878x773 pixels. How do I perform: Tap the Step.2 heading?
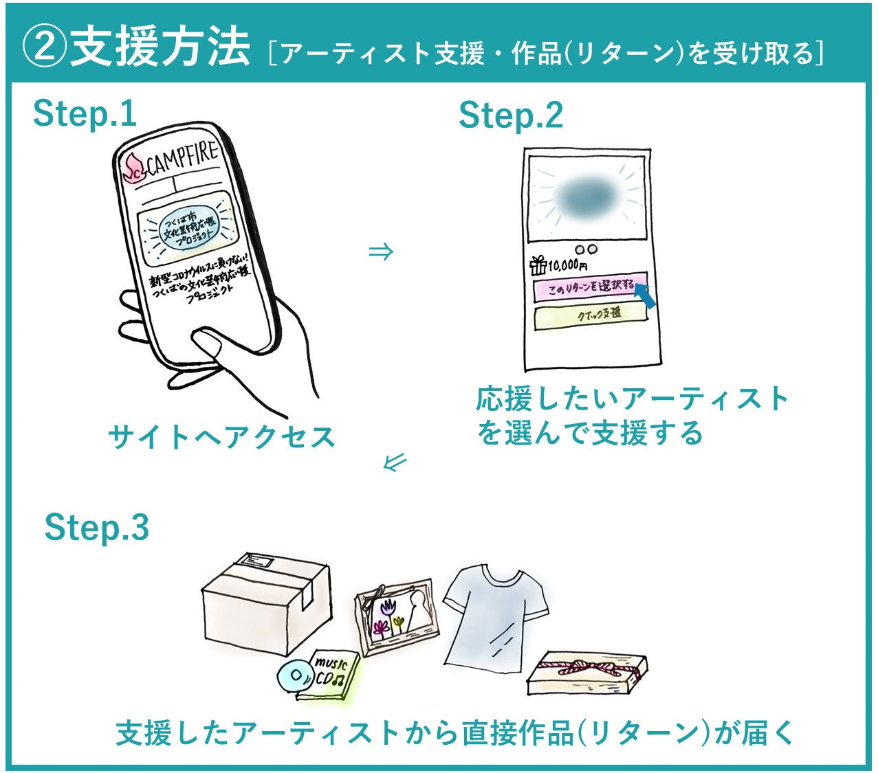point(510,115)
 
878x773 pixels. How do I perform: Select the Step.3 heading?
point(96,528)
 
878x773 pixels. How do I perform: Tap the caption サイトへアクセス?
point(221,437)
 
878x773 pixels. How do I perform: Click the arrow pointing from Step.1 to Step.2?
point(381,252)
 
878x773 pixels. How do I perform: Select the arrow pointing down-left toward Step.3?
point(395,462)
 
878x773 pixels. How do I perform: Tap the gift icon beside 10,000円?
point(538,265)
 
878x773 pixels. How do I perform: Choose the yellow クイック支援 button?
point(591,314)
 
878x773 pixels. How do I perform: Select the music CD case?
point(328,676)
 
